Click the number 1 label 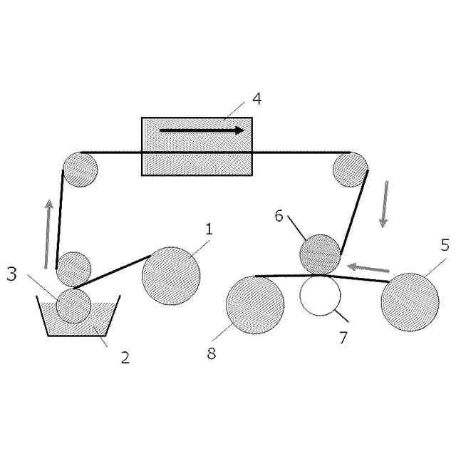pyautogui.click(x=209, y=229)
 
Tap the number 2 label pyautogui.click(x=125, y=358)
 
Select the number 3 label pyautogui.click(x=11, y=274)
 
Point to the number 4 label pyautogui.click(x=256, y=98)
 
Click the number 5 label pyautogui.click(x=445, y=246)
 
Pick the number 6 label pyautogui.click(x=280, y=215)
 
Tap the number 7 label pyautogui.click(x=343, y=338)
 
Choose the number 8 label pyautogui.click(x=211, y=353)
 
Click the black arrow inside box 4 pyautogui.click(x=202, y=130)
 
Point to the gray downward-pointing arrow pyautogui.click(x=385, y=204)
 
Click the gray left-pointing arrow pyautogui.click(x=368, y=268)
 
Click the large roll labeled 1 pyautogui.click(x=171, y=276)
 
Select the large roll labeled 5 pyautogui.click(x=410, y=302)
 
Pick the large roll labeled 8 pyautogui.click(x=255, y=305)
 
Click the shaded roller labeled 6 pyautogui.click(x=320, y=254)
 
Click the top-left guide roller pyautogui.click(x=80, y=170)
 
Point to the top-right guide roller pyautogui.click(x=350, y=170)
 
